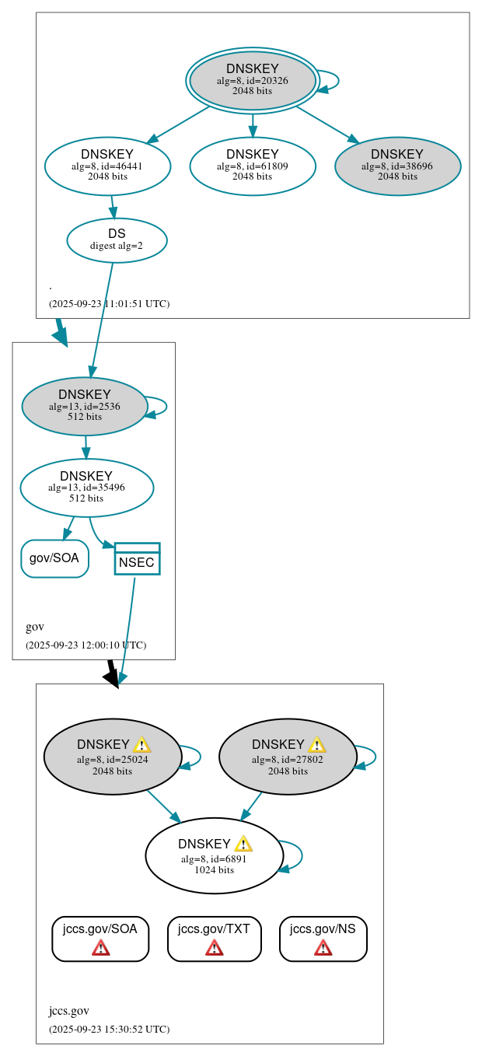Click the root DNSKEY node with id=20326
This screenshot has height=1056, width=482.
point(252,80)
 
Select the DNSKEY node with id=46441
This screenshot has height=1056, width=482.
point(107,166)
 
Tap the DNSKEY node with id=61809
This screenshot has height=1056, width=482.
point(252,166)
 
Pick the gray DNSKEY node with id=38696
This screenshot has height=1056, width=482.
point(397,166)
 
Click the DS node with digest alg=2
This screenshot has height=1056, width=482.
point(117,240)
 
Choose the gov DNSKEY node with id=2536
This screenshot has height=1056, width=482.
point(85,406)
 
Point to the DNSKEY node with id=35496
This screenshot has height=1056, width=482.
point(86,488)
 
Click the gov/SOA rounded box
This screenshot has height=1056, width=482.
point(54,558)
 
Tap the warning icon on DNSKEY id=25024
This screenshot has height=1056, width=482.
point(141,744)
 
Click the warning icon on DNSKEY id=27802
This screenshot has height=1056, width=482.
point(316,744)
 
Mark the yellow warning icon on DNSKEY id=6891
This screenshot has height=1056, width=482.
point(243,844)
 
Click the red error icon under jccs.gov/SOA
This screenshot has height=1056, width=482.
point(100,947)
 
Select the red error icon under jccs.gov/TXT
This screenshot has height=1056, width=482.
point(214,947)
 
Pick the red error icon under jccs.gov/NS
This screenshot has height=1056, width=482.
point(323,947)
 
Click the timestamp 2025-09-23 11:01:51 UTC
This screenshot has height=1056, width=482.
point(109,303)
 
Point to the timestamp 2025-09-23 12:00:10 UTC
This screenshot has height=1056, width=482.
point(86,645)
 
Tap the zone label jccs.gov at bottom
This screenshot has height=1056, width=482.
point(68,1011)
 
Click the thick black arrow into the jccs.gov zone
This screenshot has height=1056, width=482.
point(112,673)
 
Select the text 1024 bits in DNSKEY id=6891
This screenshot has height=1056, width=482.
point(214,869)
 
